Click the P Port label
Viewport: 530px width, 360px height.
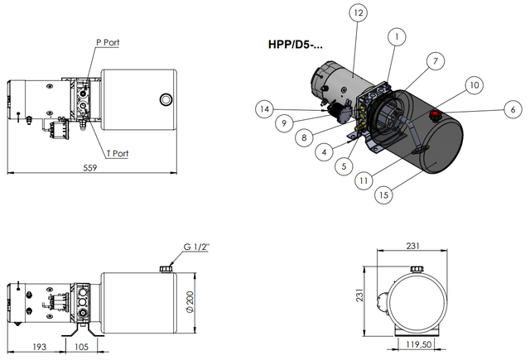click(x=108, y=42)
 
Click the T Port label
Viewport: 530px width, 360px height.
click(x=118, y=154)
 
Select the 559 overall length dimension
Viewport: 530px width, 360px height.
click(x=90, y=168)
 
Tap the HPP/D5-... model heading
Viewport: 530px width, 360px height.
click(x=296, y=45)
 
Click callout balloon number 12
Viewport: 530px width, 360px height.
click(x=359, y=13)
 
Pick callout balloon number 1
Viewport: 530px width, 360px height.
click(x=397, y=36)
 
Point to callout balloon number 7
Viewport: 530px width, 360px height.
click(x=436, y=61)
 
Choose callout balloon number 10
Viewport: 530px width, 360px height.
click(x=475, y=85)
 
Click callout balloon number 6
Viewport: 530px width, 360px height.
click(x=513, y=109)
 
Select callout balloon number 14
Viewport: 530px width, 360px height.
click(x=264, y=109)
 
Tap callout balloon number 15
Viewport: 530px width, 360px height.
click(x=383, y=194)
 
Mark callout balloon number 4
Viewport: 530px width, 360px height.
click(x=324, y=152)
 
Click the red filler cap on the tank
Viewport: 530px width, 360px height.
click(x=435, y=114)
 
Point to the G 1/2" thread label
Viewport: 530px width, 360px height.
click(x=196, y=247)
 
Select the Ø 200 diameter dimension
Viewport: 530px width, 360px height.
click(x=190, y=302)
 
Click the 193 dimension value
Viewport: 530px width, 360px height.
click(x=39, y=347)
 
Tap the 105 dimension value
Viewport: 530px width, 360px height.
click(x=81, y=347)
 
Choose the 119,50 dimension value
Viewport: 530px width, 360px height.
click(x=419, y=344)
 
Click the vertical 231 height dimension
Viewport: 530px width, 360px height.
click(x=360, y=295)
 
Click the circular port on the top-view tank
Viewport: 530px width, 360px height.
click(x=166, y=99)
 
